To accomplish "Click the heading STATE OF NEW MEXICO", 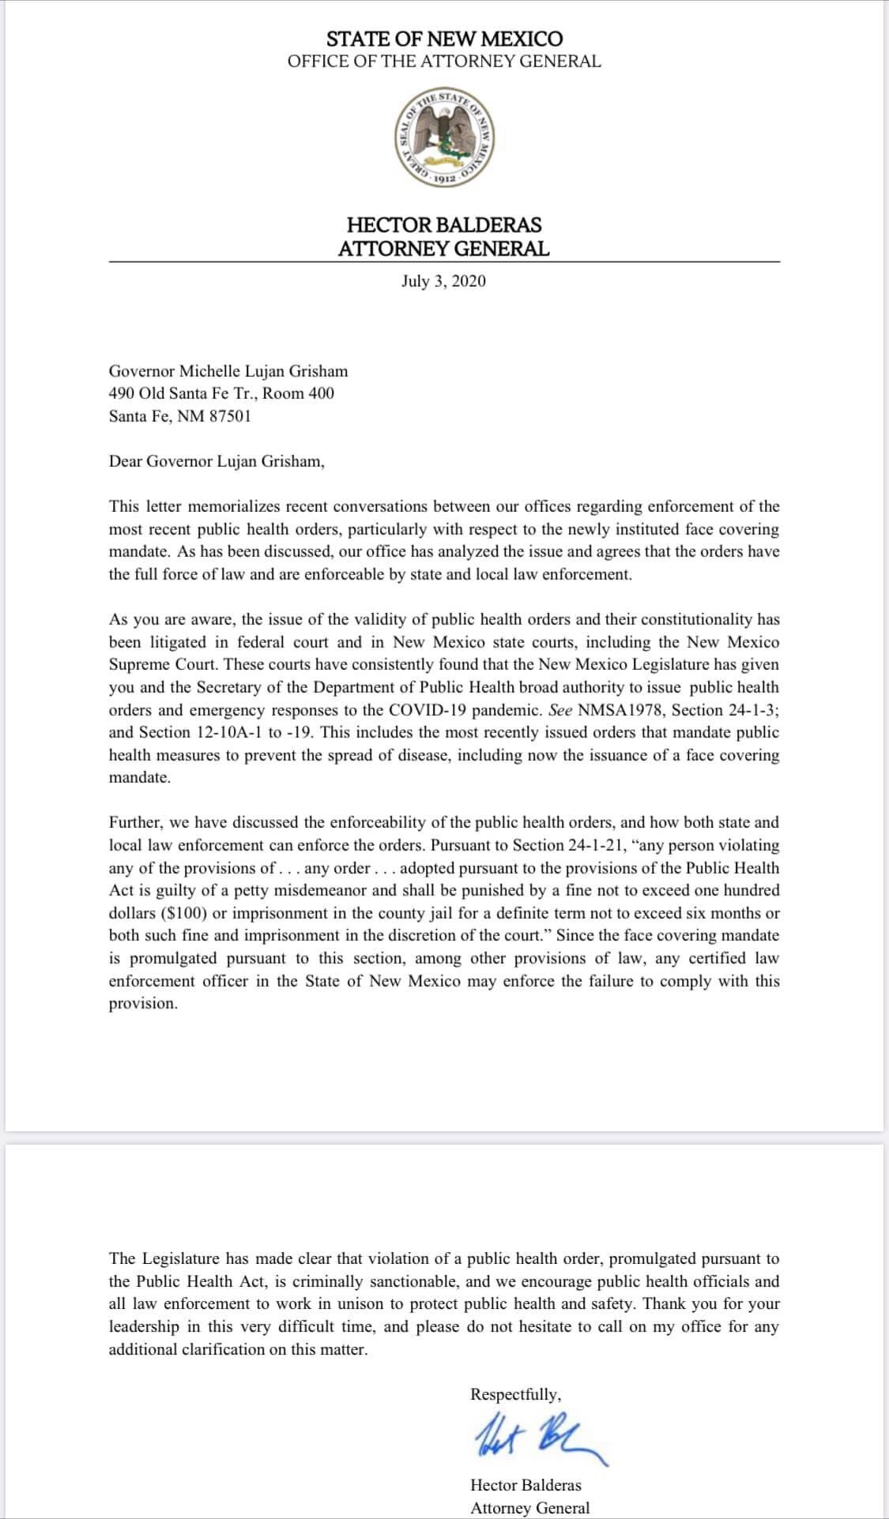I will point(444,39).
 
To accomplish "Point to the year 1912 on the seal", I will point(444,180).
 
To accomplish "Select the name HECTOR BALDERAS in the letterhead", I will point(444,225).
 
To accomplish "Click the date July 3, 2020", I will point(443,281).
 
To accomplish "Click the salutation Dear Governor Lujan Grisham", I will point(217,461).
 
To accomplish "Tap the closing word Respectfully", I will point(516,1394).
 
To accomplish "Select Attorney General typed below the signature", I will point(529,1508).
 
